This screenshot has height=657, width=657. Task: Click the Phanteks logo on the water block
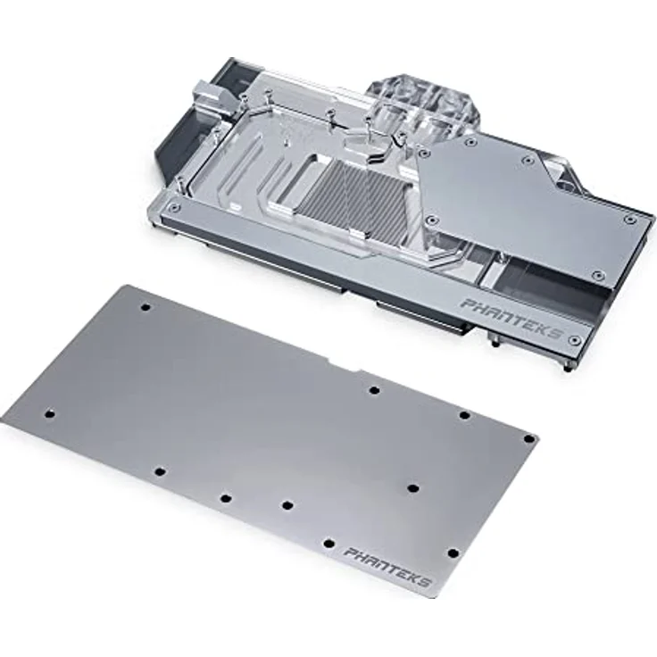(x=511, y=320)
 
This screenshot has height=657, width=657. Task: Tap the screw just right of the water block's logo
(x=575, y=341)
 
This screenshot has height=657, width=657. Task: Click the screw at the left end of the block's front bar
(x=175, y=207)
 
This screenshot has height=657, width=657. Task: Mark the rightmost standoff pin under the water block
(x=568, y=365)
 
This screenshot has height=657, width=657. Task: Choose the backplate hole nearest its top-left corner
(x=146, y=307)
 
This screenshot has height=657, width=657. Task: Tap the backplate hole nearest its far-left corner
(x=49, y=413)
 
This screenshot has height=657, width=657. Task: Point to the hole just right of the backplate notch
(x=374, y=390)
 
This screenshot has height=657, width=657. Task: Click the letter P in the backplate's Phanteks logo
(x=350, y=554)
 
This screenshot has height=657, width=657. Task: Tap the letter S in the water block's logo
(x=556, y=335)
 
